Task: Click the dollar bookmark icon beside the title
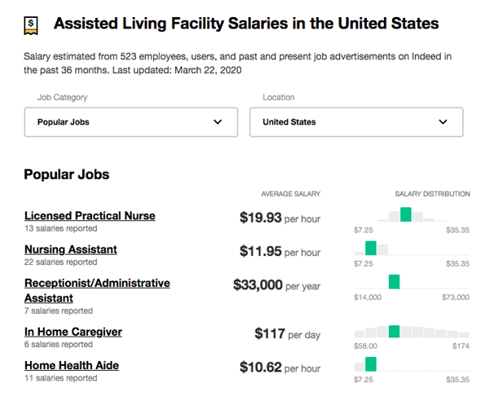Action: point(30,24)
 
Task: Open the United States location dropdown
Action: point(355,122)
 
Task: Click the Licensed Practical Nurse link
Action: point(90,216)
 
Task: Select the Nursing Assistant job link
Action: point(71,249)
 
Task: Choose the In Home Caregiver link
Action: point(73,332)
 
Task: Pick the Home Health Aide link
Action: point(72,365)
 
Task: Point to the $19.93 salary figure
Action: point(260,218)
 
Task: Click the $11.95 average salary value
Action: point(260,252)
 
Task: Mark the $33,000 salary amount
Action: point(258,285)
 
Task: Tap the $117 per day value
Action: point(270,333)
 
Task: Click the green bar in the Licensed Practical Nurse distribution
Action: point(406,215)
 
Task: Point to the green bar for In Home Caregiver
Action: point(394,331)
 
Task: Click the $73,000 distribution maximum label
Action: point(456,297)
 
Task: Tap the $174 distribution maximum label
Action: point(460,346)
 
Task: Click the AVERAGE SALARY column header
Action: point(290,194)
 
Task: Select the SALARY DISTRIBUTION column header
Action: point(432,194)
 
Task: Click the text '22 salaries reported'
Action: point(60,262)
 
